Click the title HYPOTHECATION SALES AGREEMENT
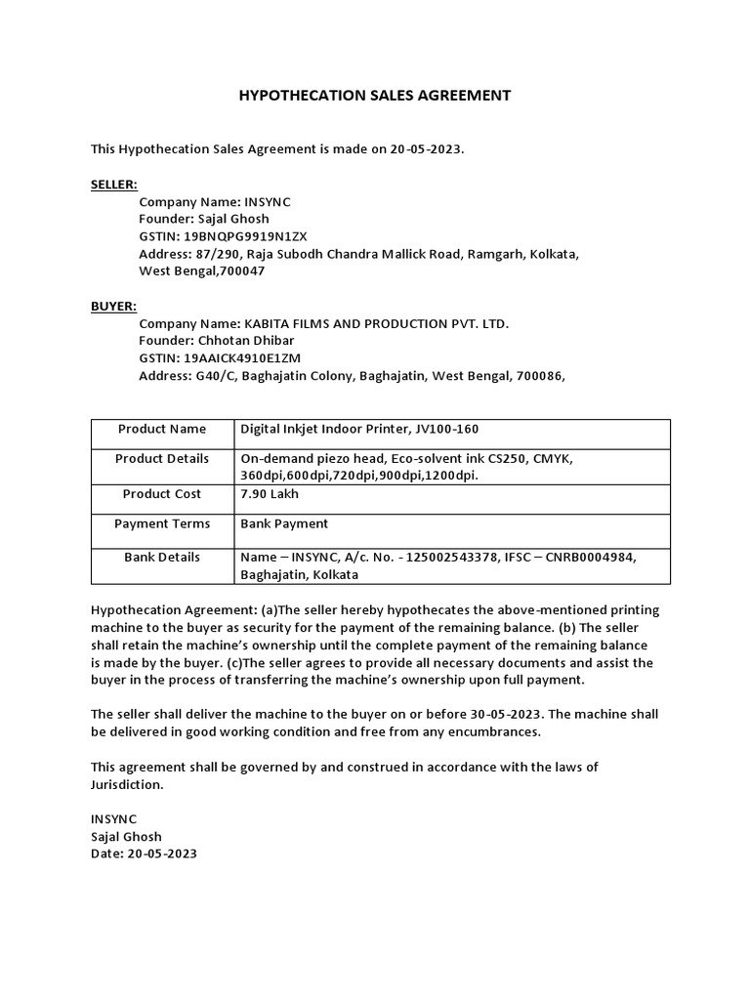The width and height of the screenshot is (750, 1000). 375,96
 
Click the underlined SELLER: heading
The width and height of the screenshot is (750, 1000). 114,184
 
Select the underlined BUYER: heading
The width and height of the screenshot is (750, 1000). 113,306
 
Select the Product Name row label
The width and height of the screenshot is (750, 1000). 162,429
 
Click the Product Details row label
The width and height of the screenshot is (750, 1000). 162,459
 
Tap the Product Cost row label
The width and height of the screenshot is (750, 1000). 162,494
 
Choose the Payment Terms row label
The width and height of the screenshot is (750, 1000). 162,523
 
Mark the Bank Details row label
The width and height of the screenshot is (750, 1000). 162,558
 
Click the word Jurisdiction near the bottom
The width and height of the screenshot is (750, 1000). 127,784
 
